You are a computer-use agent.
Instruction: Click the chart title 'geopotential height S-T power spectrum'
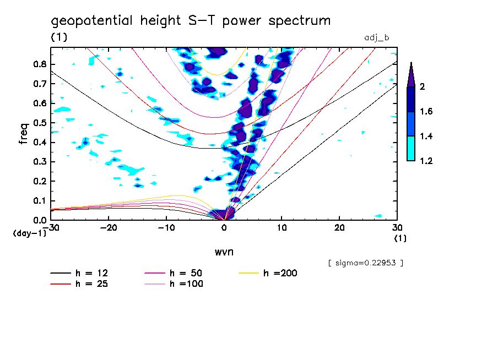(191, 21)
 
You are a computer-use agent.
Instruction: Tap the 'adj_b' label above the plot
(377, 37)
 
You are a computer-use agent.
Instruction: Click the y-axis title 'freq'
(23, 133)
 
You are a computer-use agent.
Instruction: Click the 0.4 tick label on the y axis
(39, 142)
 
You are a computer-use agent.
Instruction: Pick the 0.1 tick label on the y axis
(39, 200)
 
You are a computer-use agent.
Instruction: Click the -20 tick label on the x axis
(109, 228)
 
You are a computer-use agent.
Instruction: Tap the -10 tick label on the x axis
(166, 228)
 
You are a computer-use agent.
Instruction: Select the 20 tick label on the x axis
(339, 228)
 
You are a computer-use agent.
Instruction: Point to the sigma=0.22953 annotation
(365, 263)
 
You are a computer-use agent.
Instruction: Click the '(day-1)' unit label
(29, 233)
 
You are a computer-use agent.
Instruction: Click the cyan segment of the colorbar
(411, 148)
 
